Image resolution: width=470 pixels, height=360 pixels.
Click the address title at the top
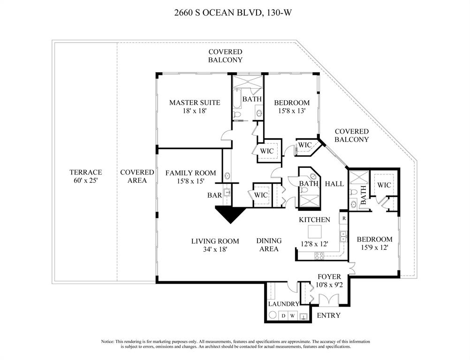[234, 14]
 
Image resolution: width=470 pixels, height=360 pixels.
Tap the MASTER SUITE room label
[188, 107]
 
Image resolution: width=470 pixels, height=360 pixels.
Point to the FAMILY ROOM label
[190, 177]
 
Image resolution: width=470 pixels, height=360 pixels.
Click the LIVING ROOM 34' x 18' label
[215, 245]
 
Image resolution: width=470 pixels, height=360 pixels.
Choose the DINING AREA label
[269, 245]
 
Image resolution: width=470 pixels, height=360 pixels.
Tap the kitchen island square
[314, 232]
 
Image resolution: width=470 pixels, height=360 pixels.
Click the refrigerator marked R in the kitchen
[343, 218]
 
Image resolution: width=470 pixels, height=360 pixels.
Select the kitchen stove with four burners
[319, 255]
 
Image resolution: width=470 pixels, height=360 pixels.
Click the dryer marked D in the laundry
[283, 316]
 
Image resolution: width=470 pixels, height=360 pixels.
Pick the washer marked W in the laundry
[292, 316]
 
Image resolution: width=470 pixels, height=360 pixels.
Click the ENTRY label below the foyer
[328, 315]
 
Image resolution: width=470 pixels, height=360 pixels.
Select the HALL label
[334, 184]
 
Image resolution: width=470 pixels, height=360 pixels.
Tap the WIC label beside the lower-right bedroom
[384, 185]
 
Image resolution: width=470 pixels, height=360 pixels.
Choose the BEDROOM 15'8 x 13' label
[292, 107]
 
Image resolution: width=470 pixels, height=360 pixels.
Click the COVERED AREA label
[137, 176]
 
